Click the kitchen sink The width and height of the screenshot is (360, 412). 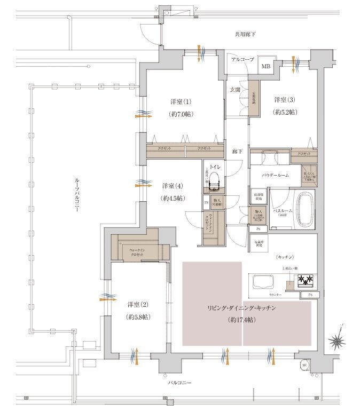[x=262, y=282]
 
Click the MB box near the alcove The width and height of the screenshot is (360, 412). [x=265, y=67]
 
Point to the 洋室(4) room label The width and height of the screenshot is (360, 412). [x=173, y=186]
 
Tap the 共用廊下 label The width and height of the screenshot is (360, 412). [x=245, y=34]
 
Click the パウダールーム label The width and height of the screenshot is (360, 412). [x=276, y=175]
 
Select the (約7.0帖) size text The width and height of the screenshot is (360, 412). [x=181, y=114]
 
